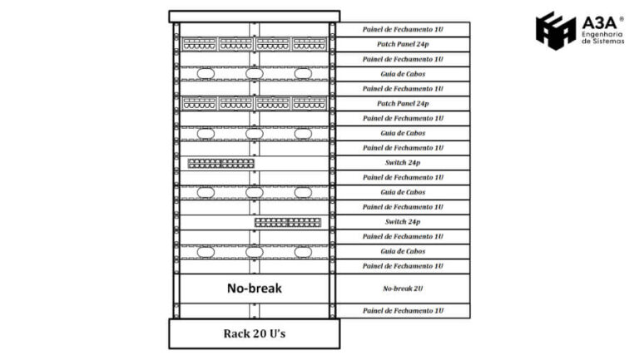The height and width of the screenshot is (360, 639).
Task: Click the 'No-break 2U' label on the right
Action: point(403,288)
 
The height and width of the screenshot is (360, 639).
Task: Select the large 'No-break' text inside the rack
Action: point(255,288)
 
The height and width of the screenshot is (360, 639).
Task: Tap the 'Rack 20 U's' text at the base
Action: point(255,333)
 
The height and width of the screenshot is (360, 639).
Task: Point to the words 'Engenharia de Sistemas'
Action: point(602,37)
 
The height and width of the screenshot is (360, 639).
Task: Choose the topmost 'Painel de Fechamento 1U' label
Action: point(403,29)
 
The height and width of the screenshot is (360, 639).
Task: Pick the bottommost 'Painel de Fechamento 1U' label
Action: point(403,311)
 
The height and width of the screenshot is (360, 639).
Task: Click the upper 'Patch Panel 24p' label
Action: point(403,44)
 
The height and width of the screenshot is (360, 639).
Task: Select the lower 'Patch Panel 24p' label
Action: point(403,103)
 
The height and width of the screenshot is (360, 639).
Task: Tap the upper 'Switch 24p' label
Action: point(403,163)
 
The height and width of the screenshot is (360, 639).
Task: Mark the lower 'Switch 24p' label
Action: point(403,222)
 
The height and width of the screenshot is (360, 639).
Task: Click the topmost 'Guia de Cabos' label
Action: point(403,74)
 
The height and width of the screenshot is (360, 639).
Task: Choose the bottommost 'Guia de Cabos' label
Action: point(403,251)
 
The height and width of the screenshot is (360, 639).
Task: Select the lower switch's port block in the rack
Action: point(288,222)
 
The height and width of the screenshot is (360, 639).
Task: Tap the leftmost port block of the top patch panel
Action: point(199,44)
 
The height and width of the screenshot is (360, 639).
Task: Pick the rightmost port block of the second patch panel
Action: point(309,103)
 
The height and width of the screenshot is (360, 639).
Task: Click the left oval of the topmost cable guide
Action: point(206,74)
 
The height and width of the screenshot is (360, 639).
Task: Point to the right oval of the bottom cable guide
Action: point(303,251)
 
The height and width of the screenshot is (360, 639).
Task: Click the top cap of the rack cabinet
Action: point(255,16)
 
